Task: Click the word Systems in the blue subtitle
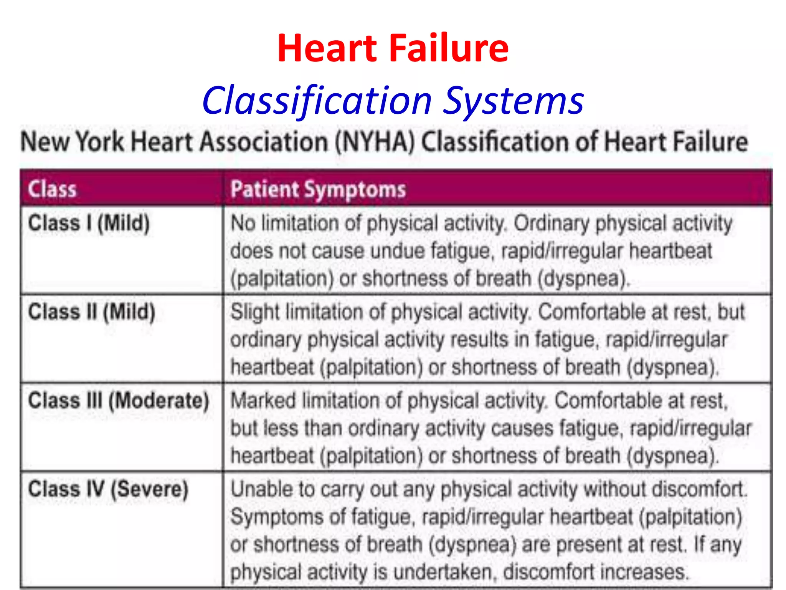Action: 514,101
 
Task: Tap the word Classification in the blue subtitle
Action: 317,101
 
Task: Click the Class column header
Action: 52,189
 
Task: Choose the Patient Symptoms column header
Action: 318,189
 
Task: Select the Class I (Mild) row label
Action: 89,223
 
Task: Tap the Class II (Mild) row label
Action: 92,312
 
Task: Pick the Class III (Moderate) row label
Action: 119,401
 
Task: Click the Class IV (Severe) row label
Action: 108,489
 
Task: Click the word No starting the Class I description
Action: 243,223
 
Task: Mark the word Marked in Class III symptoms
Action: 263,401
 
